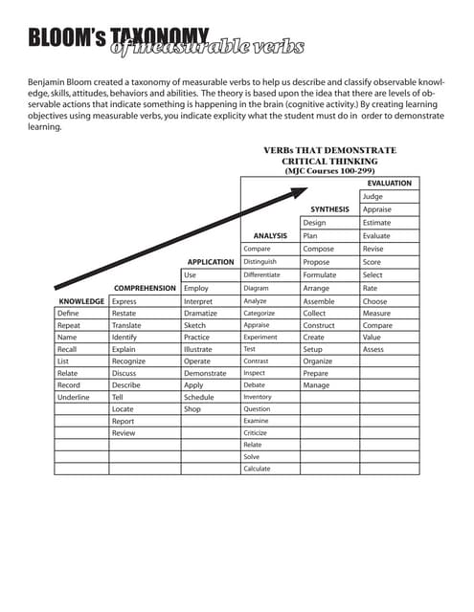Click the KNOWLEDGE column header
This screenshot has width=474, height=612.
[x=81, y=301]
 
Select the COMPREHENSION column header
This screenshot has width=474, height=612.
[x=145, y=288]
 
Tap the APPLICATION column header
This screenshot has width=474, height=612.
[x=211, y=262]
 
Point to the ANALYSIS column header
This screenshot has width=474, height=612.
[x=270, y=235]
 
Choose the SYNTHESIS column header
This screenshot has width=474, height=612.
[x=329, y=208]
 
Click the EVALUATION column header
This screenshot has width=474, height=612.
[x=390, y=183]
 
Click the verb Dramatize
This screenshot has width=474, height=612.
[x=201, y=314]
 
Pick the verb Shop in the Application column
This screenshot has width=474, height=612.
[x=192, y=409]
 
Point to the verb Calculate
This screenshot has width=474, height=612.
[x=257, y=469]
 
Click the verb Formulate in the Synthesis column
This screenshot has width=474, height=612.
[x=320, y=274]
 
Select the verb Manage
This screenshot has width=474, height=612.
[x=316, y=385]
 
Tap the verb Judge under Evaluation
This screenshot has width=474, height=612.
[x=372, y=196]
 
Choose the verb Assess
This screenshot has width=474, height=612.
[x=373, y=349]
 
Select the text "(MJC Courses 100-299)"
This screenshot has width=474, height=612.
[x=329, y=171]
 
